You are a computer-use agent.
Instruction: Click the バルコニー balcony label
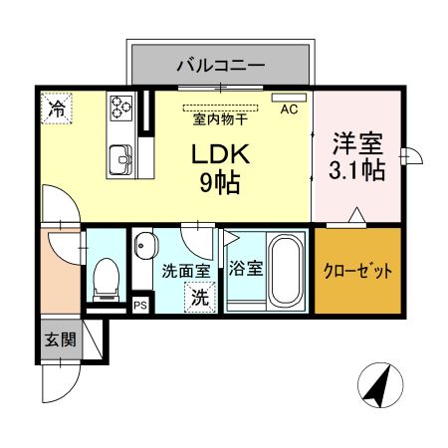coord(220,66)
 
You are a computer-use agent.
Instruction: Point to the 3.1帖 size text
coord(357,170)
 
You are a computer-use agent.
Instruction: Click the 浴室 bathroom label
coord(245,269)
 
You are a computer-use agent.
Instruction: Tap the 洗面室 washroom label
coord(185,270)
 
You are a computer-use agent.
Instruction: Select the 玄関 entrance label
coord(60,339)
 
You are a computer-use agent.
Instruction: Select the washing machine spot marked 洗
coord(200,296)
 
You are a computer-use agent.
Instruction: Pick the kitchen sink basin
coord(121,156)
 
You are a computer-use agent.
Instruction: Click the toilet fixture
coord(105,279)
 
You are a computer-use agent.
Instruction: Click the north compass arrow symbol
coord(377,385)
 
